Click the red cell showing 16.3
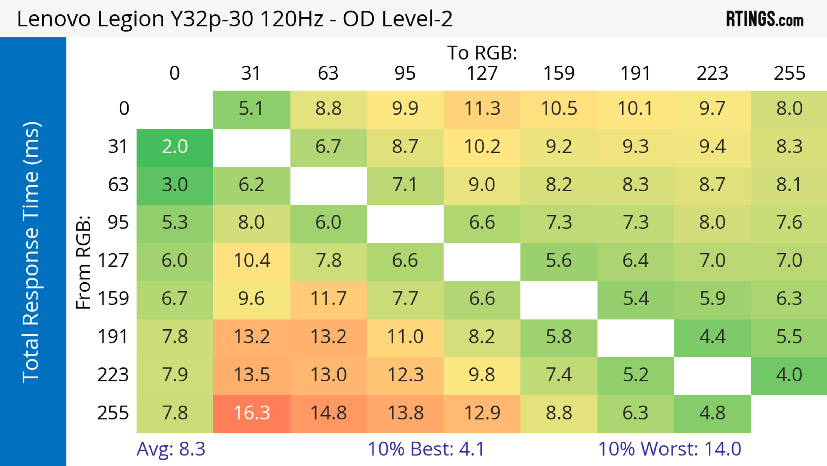(252, 414)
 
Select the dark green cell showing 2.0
(175, 147)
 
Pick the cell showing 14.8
(328, 414)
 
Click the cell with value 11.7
(328, 300)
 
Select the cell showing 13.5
(252, 375)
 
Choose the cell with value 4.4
(712, 337)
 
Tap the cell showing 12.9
(482, 414)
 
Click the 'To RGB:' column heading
(482, 53)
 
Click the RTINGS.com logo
(765, 19)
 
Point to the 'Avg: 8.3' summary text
(171, 449)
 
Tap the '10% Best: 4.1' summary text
(426, 449)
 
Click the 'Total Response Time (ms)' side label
(32, 252)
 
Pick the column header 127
(482, 74)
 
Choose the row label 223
(113, 375)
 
